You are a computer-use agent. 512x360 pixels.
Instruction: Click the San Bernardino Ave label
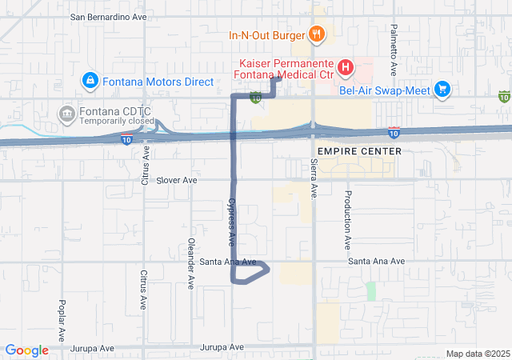coord(108,16)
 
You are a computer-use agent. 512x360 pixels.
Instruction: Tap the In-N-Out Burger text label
coord(266,35)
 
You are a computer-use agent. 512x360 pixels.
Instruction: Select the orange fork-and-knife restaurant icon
coord(318,34)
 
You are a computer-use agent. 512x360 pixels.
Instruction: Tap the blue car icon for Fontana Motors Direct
coord(90,81)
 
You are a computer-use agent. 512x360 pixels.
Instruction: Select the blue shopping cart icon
coord(442,89)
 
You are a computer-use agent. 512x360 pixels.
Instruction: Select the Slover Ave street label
coord(176,181)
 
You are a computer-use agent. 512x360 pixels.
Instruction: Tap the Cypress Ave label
coord(232,222)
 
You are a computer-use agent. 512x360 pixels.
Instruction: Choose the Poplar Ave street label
coord(62,321)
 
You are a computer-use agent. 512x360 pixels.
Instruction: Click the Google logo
coord(26,350)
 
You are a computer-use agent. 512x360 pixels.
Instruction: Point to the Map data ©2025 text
coord(477,354)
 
